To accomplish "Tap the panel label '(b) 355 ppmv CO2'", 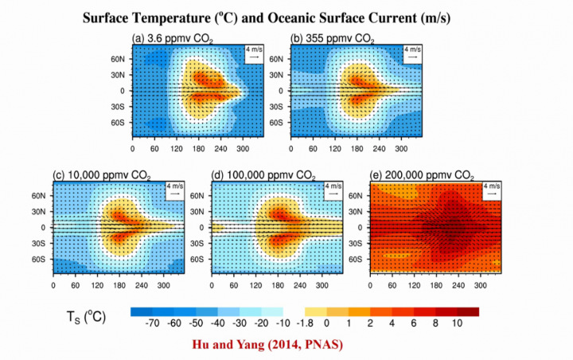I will click(333, 37).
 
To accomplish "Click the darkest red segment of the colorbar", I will click(468, 311).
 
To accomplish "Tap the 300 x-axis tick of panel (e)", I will click(481, 285).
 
